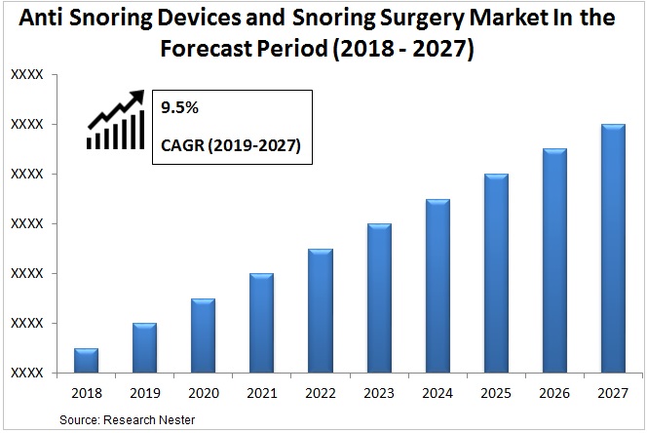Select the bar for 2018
click(86, 360)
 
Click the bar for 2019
click(144, 347)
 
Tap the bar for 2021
click(261, 323)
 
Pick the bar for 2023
click(379, 297)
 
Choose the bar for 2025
click(496, 273)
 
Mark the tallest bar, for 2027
click(613, 248)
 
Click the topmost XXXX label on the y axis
click(26, 74)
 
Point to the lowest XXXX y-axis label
click(26, 373)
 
